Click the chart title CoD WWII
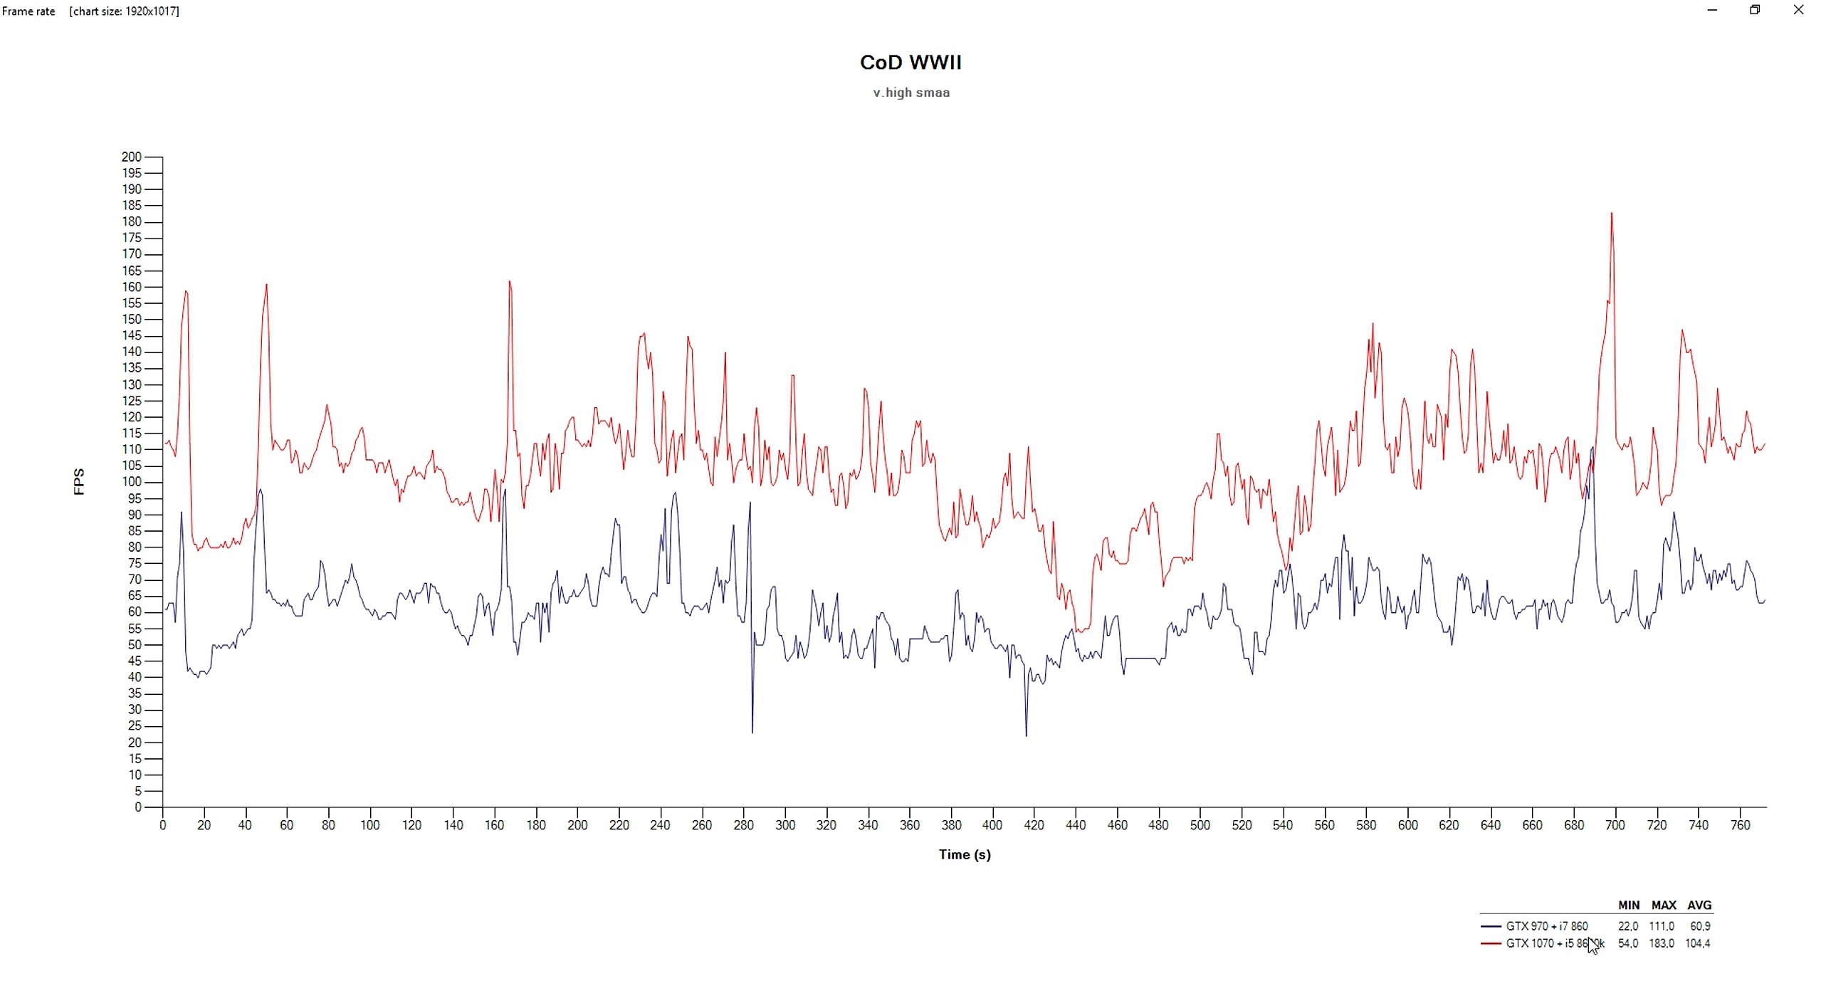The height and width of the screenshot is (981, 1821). [x=910, y=63]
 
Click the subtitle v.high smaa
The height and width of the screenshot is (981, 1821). [x=911, y=93]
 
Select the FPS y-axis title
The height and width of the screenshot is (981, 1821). [x=79, y=482]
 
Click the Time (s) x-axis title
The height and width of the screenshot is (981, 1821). [x=964, y=854]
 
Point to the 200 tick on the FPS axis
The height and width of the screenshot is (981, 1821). [x=132, y=157]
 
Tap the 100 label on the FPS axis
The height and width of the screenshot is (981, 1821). [x=132, y=482]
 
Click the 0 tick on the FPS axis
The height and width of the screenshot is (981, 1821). [x=138, y=807]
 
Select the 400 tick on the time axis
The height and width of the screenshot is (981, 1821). [x=992, y=825]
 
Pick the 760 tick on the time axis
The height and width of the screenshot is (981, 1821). [x=1740, y=825]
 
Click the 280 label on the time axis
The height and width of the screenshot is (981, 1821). [x=743, y=825]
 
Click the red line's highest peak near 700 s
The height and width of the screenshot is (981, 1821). [x=1611, y=213]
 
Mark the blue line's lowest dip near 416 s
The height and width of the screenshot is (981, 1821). [x=1026, y=735]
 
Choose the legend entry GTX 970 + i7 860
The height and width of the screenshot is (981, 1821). [x=1546, y=926]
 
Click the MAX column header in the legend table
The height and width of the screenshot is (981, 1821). [x=1664, y=906]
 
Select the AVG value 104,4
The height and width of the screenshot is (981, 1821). [x=1698, y=943]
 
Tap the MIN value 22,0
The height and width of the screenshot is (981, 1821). [x=1628, y=926]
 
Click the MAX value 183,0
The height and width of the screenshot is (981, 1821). [x=1662, y=943]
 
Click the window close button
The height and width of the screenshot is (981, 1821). [x=1798, y=10]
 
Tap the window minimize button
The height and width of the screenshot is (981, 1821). [x=1712, y=10]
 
